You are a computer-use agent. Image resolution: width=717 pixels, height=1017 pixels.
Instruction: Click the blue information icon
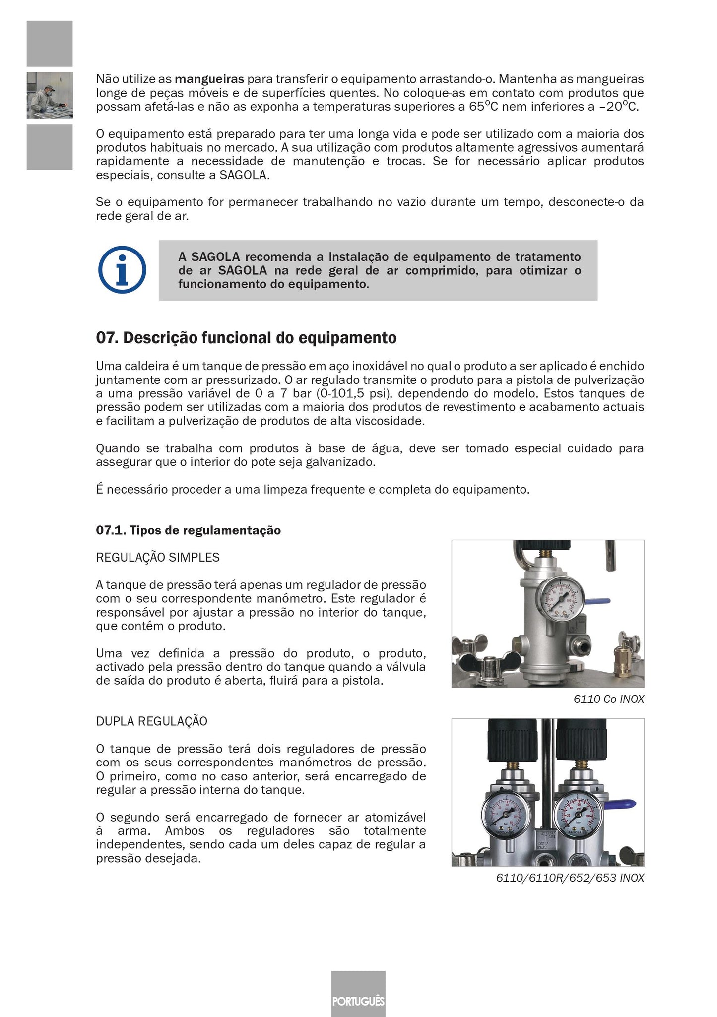pos(122,270)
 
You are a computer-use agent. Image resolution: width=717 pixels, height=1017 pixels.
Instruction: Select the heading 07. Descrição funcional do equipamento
pos(246,338)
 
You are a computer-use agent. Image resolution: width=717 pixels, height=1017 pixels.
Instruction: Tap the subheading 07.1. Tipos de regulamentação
pos(188,530)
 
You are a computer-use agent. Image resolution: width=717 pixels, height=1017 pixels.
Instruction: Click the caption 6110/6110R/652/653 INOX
pos(570,878)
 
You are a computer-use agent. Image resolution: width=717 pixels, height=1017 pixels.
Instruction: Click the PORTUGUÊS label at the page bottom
pos(358,1001)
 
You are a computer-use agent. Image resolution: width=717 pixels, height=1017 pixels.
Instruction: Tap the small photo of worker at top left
pos(50,95)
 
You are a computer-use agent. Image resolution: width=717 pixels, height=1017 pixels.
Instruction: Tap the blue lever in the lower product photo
pos(622,804)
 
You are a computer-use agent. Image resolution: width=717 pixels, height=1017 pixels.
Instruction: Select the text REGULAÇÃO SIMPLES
pos(157,557)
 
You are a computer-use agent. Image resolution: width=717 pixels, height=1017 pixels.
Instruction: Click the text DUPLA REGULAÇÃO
pos(151,721)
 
